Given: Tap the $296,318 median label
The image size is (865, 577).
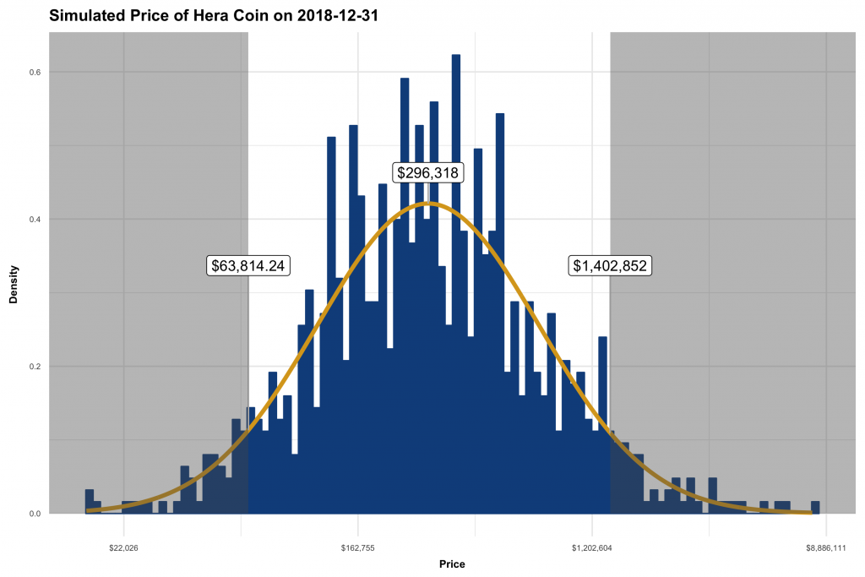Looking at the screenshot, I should [428, 173].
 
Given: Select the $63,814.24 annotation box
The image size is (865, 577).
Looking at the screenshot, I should [249, 265].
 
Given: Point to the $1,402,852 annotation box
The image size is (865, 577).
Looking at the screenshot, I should [610, 265].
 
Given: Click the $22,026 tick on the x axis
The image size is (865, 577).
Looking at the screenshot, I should [123, 547].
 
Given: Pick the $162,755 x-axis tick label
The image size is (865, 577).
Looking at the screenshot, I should [357, 547].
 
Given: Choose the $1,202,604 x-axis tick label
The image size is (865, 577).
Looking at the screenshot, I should [591, 547].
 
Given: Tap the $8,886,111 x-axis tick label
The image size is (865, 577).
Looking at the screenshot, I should [824, 547].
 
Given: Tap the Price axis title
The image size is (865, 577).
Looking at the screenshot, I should [451, 563].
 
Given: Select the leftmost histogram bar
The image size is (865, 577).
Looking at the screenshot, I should [90, 502].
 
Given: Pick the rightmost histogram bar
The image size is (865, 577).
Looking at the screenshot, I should [815, 508].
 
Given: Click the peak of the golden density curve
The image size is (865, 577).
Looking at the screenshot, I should [427, 203].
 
